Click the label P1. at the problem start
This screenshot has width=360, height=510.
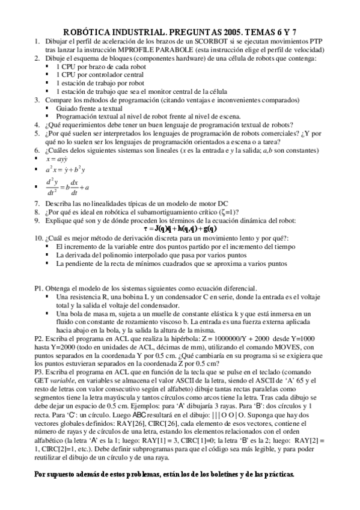pyautogui.click(x=39, y=288)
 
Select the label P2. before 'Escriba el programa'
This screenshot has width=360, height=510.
pyautogui.click(x=39, y=339)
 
